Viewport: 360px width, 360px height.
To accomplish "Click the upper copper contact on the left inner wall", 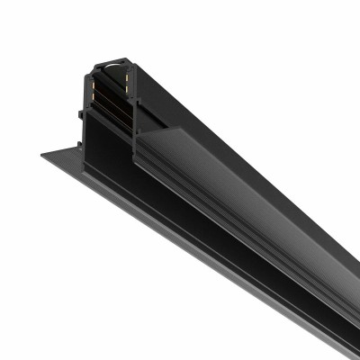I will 94,79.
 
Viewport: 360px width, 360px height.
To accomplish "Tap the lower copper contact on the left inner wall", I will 94,94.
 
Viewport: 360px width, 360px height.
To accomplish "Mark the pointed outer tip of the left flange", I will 42,155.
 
